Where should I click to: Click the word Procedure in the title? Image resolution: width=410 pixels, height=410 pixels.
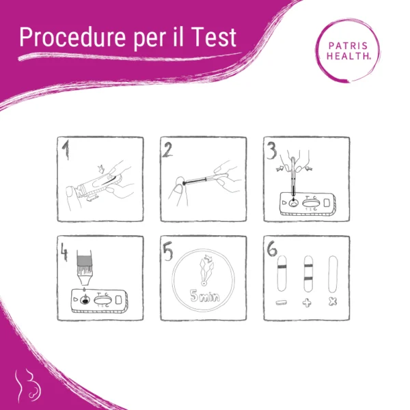(x=72, y=38)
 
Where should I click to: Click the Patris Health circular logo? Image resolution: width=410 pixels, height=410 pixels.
(x=348, y=51)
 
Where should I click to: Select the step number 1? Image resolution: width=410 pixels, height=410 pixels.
(x=66, y=150)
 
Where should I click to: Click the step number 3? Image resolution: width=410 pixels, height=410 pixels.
(x=272, y=150)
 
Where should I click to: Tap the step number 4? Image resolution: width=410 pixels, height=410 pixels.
(x=64, y=251)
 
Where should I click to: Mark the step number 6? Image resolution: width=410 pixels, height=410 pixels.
(x=272, y=249)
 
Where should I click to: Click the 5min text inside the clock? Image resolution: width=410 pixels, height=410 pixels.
(x=205, y=296)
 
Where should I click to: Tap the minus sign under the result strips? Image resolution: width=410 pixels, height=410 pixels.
(x=282, y=303)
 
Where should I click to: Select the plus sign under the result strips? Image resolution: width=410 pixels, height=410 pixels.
(x=307, y=303)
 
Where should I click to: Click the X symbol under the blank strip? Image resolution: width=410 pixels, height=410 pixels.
(x=333, y=302)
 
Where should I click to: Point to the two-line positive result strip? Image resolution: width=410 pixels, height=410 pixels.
(x=308, y=273)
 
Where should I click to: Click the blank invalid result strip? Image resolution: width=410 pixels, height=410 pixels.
(x=333, y=274)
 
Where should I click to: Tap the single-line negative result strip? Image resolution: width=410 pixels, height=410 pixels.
(x=282, y=273)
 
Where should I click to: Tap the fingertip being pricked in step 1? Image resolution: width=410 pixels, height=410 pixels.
(x=70, y=192)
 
